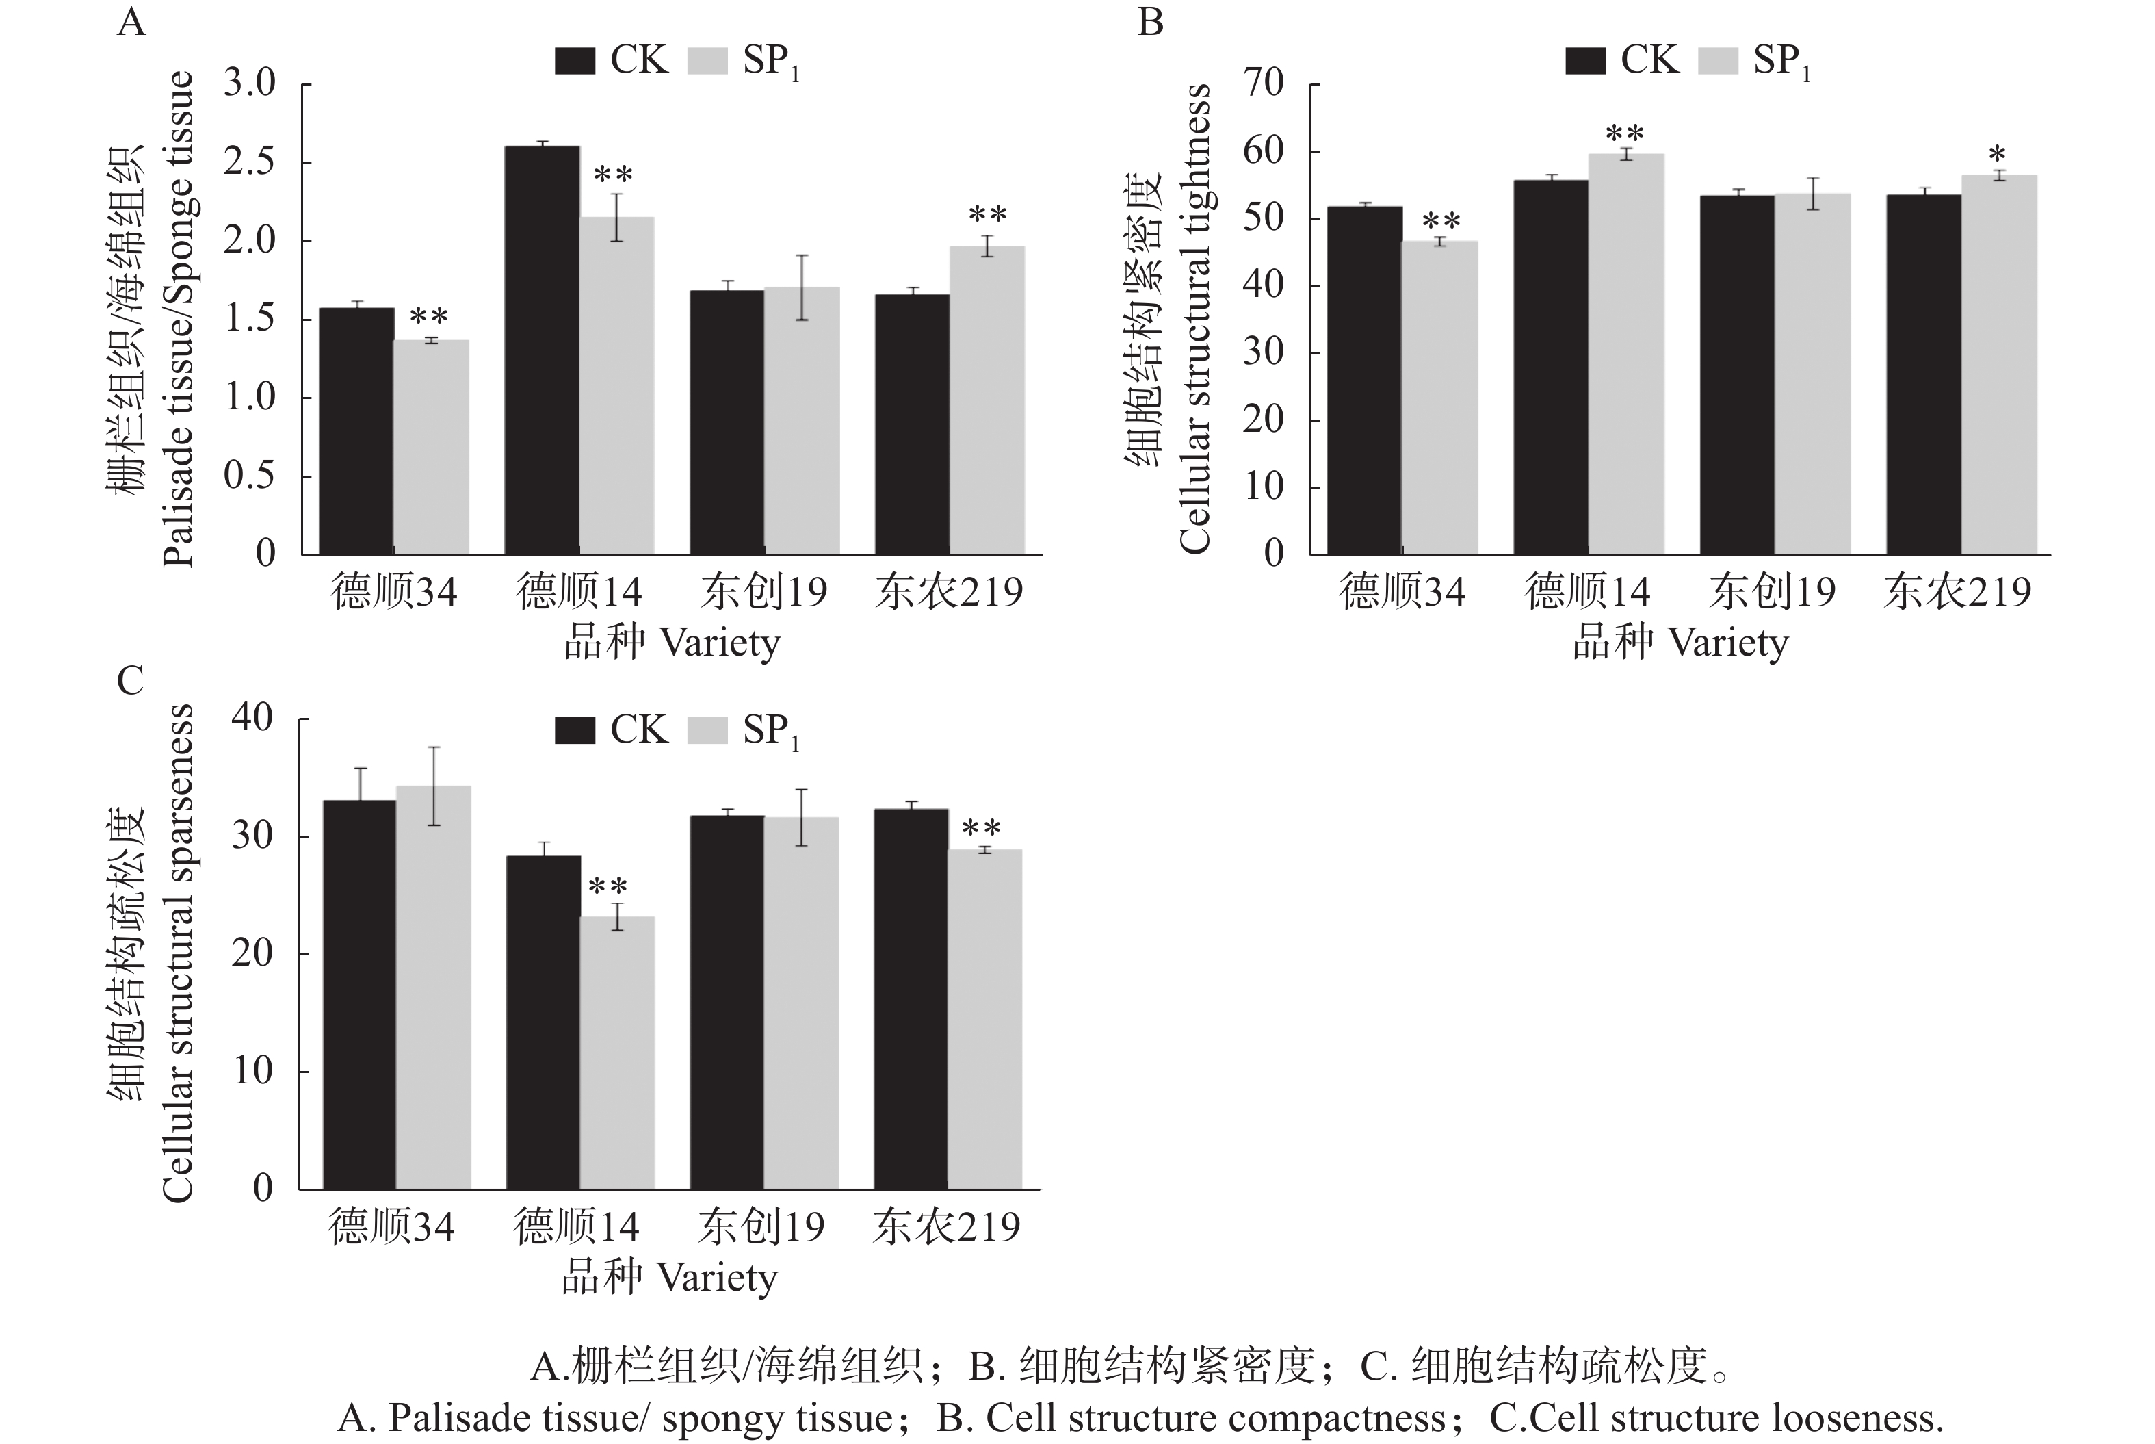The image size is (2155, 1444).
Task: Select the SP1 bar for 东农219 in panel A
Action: (x=987, y=400)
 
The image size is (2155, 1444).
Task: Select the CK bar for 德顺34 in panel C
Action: (x=359, y=994)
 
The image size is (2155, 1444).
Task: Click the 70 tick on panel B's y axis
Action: (x=1263, y=83)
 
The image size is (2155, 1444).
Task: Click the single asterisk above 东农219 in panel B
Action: (x=1997, y=155)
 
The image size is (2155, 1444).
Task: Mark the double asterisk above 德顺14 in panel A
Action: (x=613, y=175)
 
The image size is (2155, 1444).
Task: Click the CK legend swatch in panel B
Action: (x=1586, y=61)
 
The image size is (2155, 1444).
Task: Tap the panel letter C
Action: (x=130, y=682)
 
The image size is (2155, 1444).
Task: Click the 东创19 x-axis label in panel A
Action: (x=764, y=592)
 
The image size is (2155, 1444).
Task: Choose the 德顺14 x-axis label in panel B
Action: (x=1587, y=592)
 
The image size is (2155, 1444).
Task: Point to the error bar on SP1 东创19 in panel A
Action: (x=802, y=287)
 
